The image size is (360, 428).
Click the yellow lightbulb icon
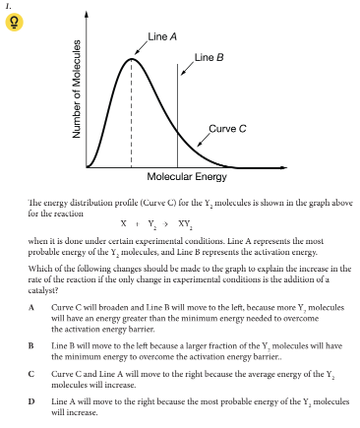click(13, 25)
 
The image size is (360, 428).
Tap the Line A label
click(162, 35)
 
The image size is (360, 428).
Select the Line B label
click(209, 58)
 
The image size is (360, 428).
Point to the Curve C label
click(228, 128)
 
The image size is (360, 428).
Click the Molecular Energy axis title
click(186, 177)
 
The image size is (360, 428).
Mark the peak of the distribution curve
click(131, 59)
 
